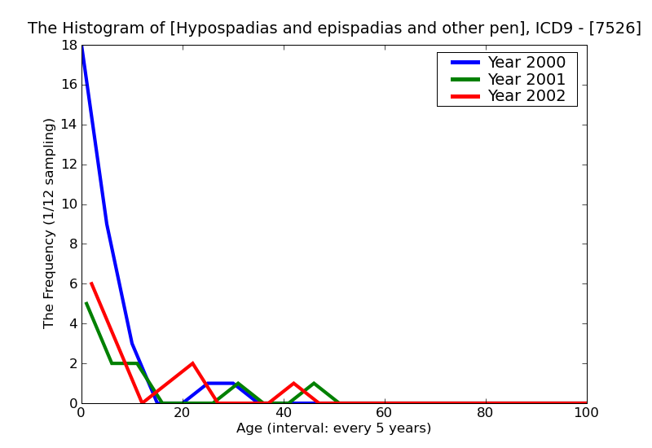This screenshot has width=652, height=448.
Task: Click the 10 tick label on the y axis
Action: point(68,204)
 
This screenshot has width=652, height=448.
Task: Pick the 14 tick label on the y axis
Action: point(68,125)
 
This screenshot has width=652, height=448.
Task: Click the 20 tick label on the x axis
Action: point(182,413)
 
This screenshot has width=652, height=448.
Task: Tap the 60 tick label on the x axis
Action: point(384,413)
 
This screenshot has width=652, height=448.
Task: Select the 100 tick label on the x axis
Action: point(586,413)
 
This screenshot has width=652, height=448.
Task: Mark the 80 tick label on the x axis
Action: point(485,413)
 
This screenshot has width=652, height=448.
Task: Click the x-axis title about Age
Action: point(333,428)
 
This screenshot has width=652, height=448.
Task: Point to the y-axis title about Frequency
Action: point(50,223)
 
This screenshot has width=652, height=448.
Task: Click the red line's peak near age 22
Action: point(192,363)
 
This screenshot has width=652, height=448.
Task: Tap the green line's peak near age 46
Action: point(314,383)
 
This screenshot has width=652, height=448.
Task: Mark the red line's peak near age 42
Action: point(293,383)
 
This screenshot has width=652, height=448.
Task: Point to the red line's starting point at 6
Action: point(91,283)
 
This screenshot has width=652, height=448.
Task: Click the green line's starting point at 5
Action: point(86,303)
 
